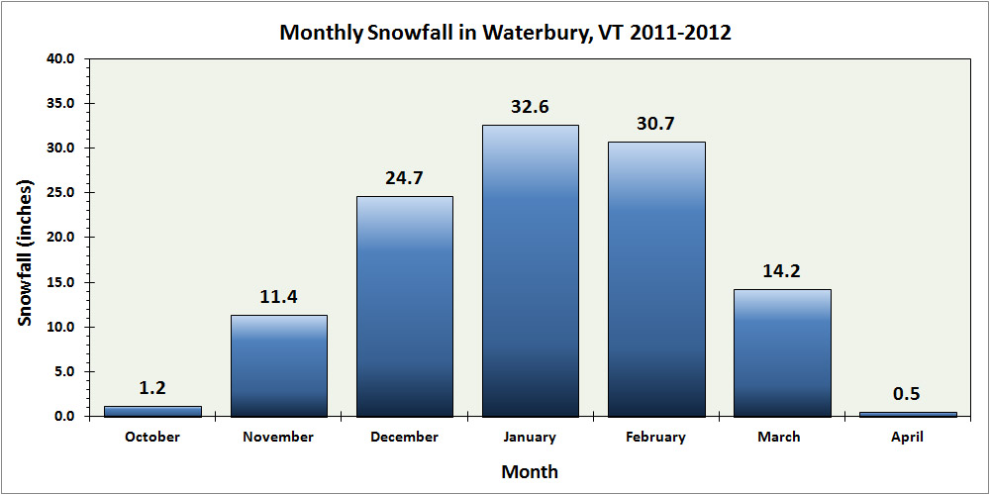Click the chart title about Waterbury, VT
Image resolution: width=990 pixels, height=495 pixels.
[x=505, y=32]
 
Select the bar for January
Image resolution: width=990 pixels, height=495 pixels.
[x=531, y=270]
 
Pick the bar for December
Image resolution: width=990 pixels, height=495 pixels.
[x=405, y=306]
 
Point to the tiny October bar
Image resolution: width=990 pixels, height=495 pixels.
[x=153, y=411]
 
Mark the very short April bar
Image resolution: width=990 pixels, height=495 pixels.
[x=908, y=414]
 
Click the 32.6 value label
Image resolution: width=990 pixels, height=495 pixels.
[x=531, y=107]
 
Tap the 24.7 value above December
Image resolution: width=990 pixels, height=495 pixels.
[x=405, y=178]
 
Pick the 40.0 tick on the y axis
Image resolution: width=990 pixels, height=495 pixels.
[x=61, y=58]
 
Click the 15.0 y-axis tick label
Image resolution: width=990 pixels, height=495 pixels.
[x=61, y=282]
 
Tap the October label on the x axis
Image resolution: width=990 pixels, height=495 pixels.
[x=153, y=437]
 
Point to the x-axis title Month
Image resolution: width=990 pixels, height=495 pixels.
[x=530, y=471]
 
